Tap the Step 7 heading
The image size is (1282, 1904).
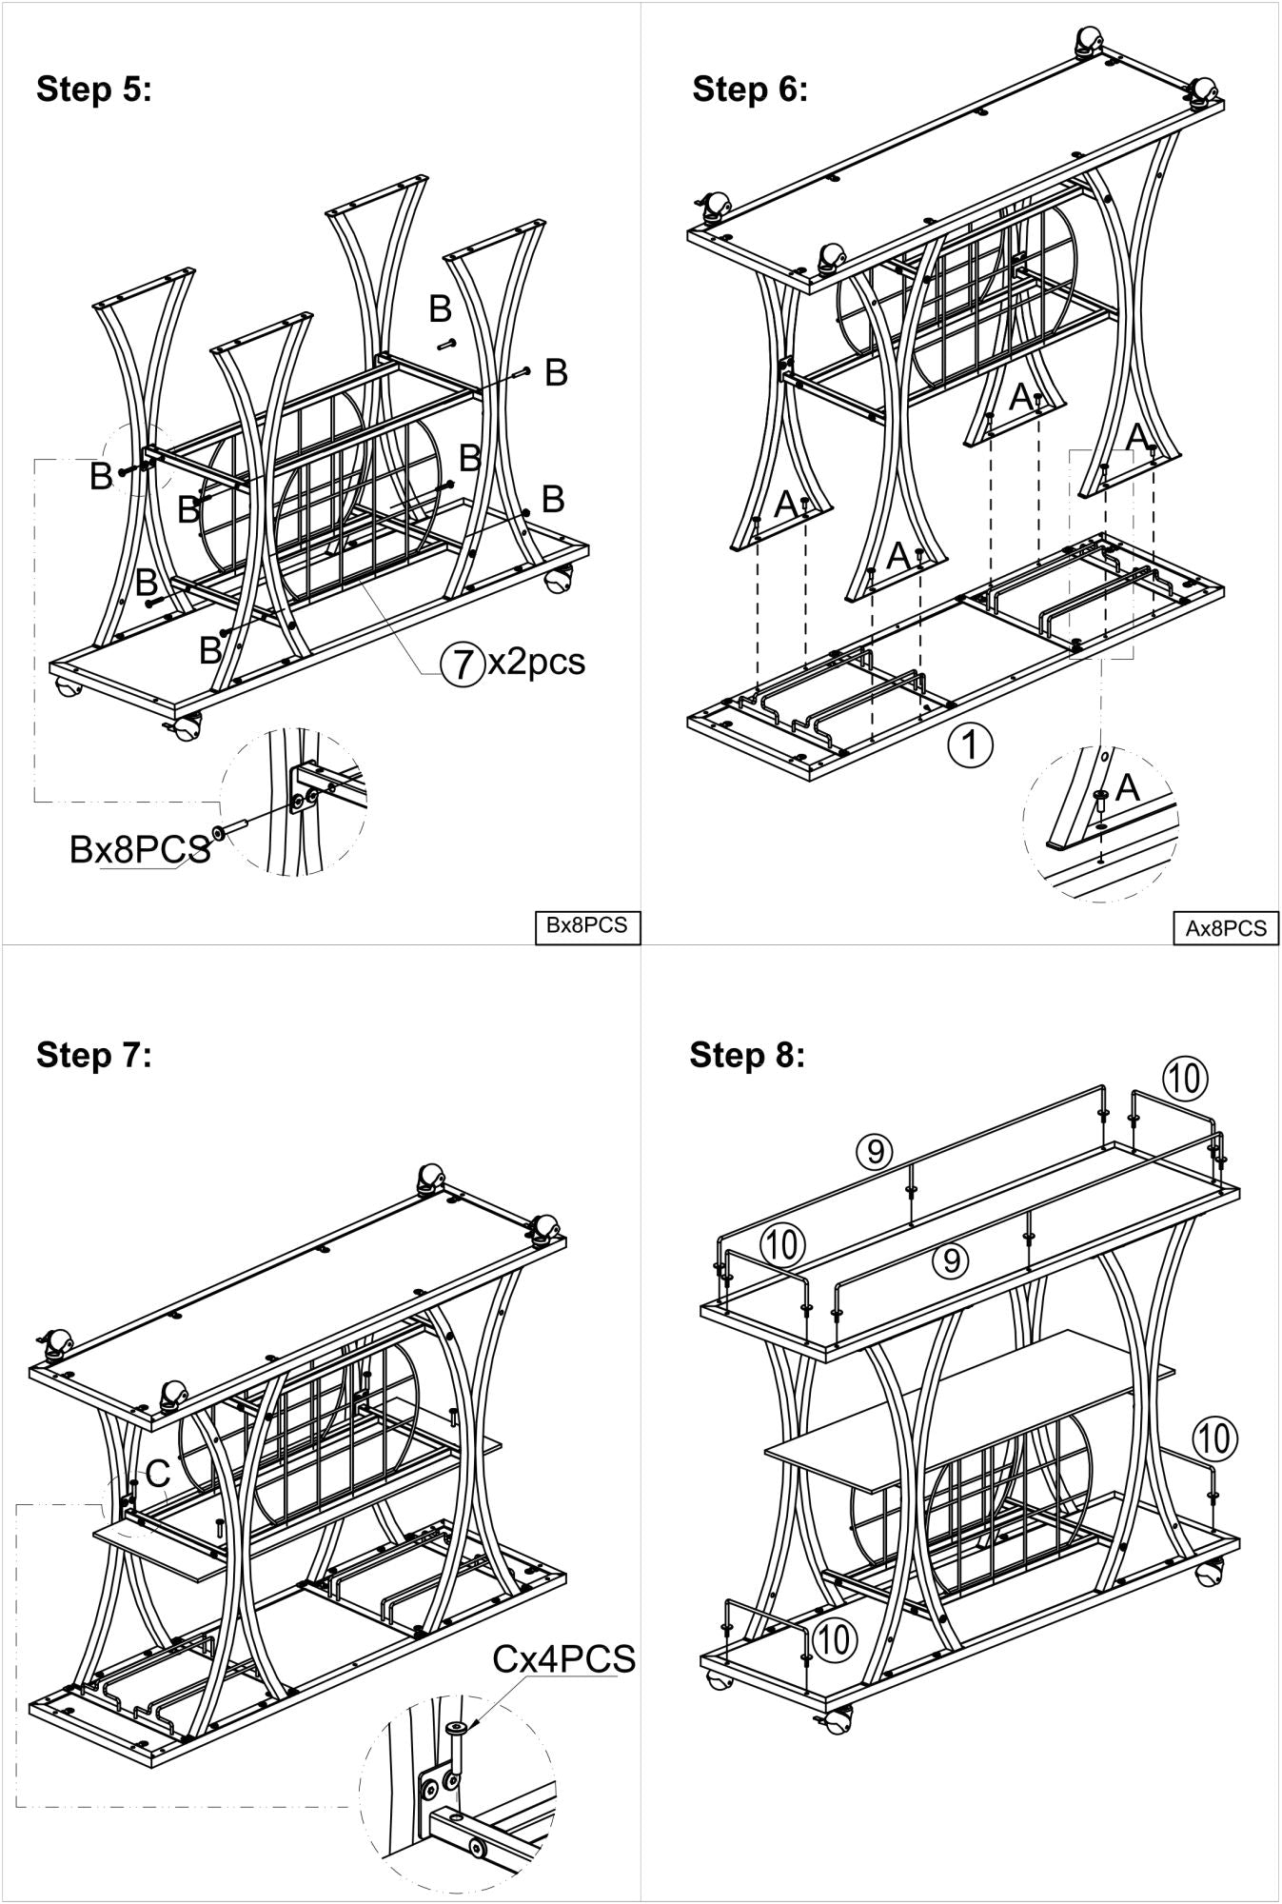93,1055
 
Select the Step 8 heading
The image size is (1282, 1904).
747,1055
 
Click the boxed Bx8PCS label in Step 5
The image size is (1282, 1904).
586,925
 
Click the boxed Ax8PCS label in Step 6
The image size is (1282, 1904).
1226,928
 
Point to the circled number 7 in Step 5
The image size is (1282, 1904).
462,664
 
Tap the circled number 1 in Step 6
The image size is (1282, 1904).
970,744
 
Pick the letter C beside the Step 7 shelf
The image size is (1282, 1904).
157,1474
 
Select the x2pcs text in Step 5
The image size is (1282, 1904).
536,662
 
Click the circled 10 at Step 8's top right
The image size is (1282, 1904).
1185,1080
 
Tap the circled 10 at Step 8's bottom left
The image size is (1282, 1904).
834,1639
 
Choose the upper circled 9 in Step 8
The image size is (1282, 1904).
874,1152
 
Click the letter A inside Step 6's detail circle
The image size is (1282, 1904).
1127,787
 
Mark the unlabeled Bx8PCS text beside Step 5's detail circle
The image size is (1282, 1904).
139,849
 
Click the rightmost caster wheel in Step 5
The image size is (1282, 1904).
560,579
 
